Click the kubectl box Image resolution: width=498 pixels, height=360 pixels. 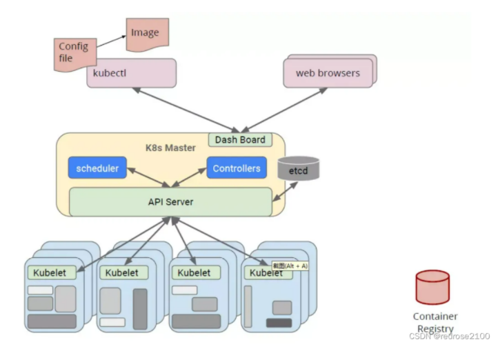pos(132,73)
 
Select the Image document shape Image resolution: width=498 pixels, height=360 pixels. pos(148,34)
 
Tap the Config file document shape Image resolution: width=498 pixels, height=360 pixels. pos(75,54)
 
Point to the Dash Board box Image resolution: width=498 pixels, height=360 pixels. pos(240,140)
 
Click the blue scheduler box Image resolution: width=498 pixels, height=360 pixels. pos(97,168)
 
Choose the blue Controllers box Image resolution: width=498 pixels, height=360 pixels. pos(237,168)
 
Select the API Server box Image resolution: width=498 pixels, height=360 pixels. pos(170,202)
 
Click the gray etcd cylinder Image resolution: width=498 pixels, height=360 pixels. pos(298,168)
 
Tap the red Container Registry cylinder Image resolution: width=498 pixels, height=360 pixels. pos(432,288)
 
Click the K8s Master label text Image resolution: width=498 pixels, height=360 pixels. pos(170,148)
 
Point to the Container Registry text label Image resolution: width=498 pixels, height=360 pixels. pos(435,322)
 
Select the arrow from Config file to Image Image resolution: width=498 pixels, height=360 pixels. pos(111,41)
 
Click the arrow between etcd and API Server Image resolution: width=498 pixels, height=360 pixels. pos(285,192)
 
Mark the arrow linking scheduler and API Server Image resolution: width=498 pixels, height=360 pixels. pos(148,177)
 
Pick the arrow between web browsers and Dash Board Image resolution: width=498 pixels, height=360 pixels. pos(284,110)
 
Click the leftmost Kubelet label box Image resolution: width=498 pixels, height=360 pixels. pos(52,272)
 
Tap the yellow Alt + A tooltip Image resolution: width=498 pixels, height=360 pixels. pos(290,266)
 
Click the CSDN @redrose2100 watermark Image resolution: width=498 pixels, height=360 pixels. pos(450,336)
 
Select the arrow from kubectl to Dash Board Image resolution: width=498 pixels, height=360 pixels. pos(186,110)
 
